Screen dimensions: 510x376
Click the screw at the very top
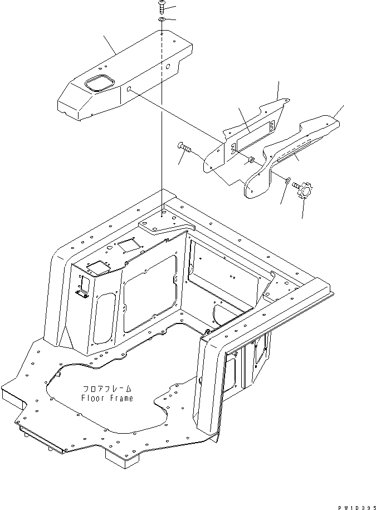pyautogui.click(x=161, y=7)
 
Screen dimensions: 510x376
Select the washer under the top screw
pyautogui.click(x=161, y=20)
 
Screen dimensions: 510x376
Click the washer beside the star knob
pyautogui.click(x=286, y=180)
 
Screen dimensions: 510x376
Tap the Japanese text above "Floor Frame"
pyautogui.click(x=107, y=389)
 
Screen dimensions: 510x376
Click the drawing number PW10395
pyautogui.click(x=354, y=506)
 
